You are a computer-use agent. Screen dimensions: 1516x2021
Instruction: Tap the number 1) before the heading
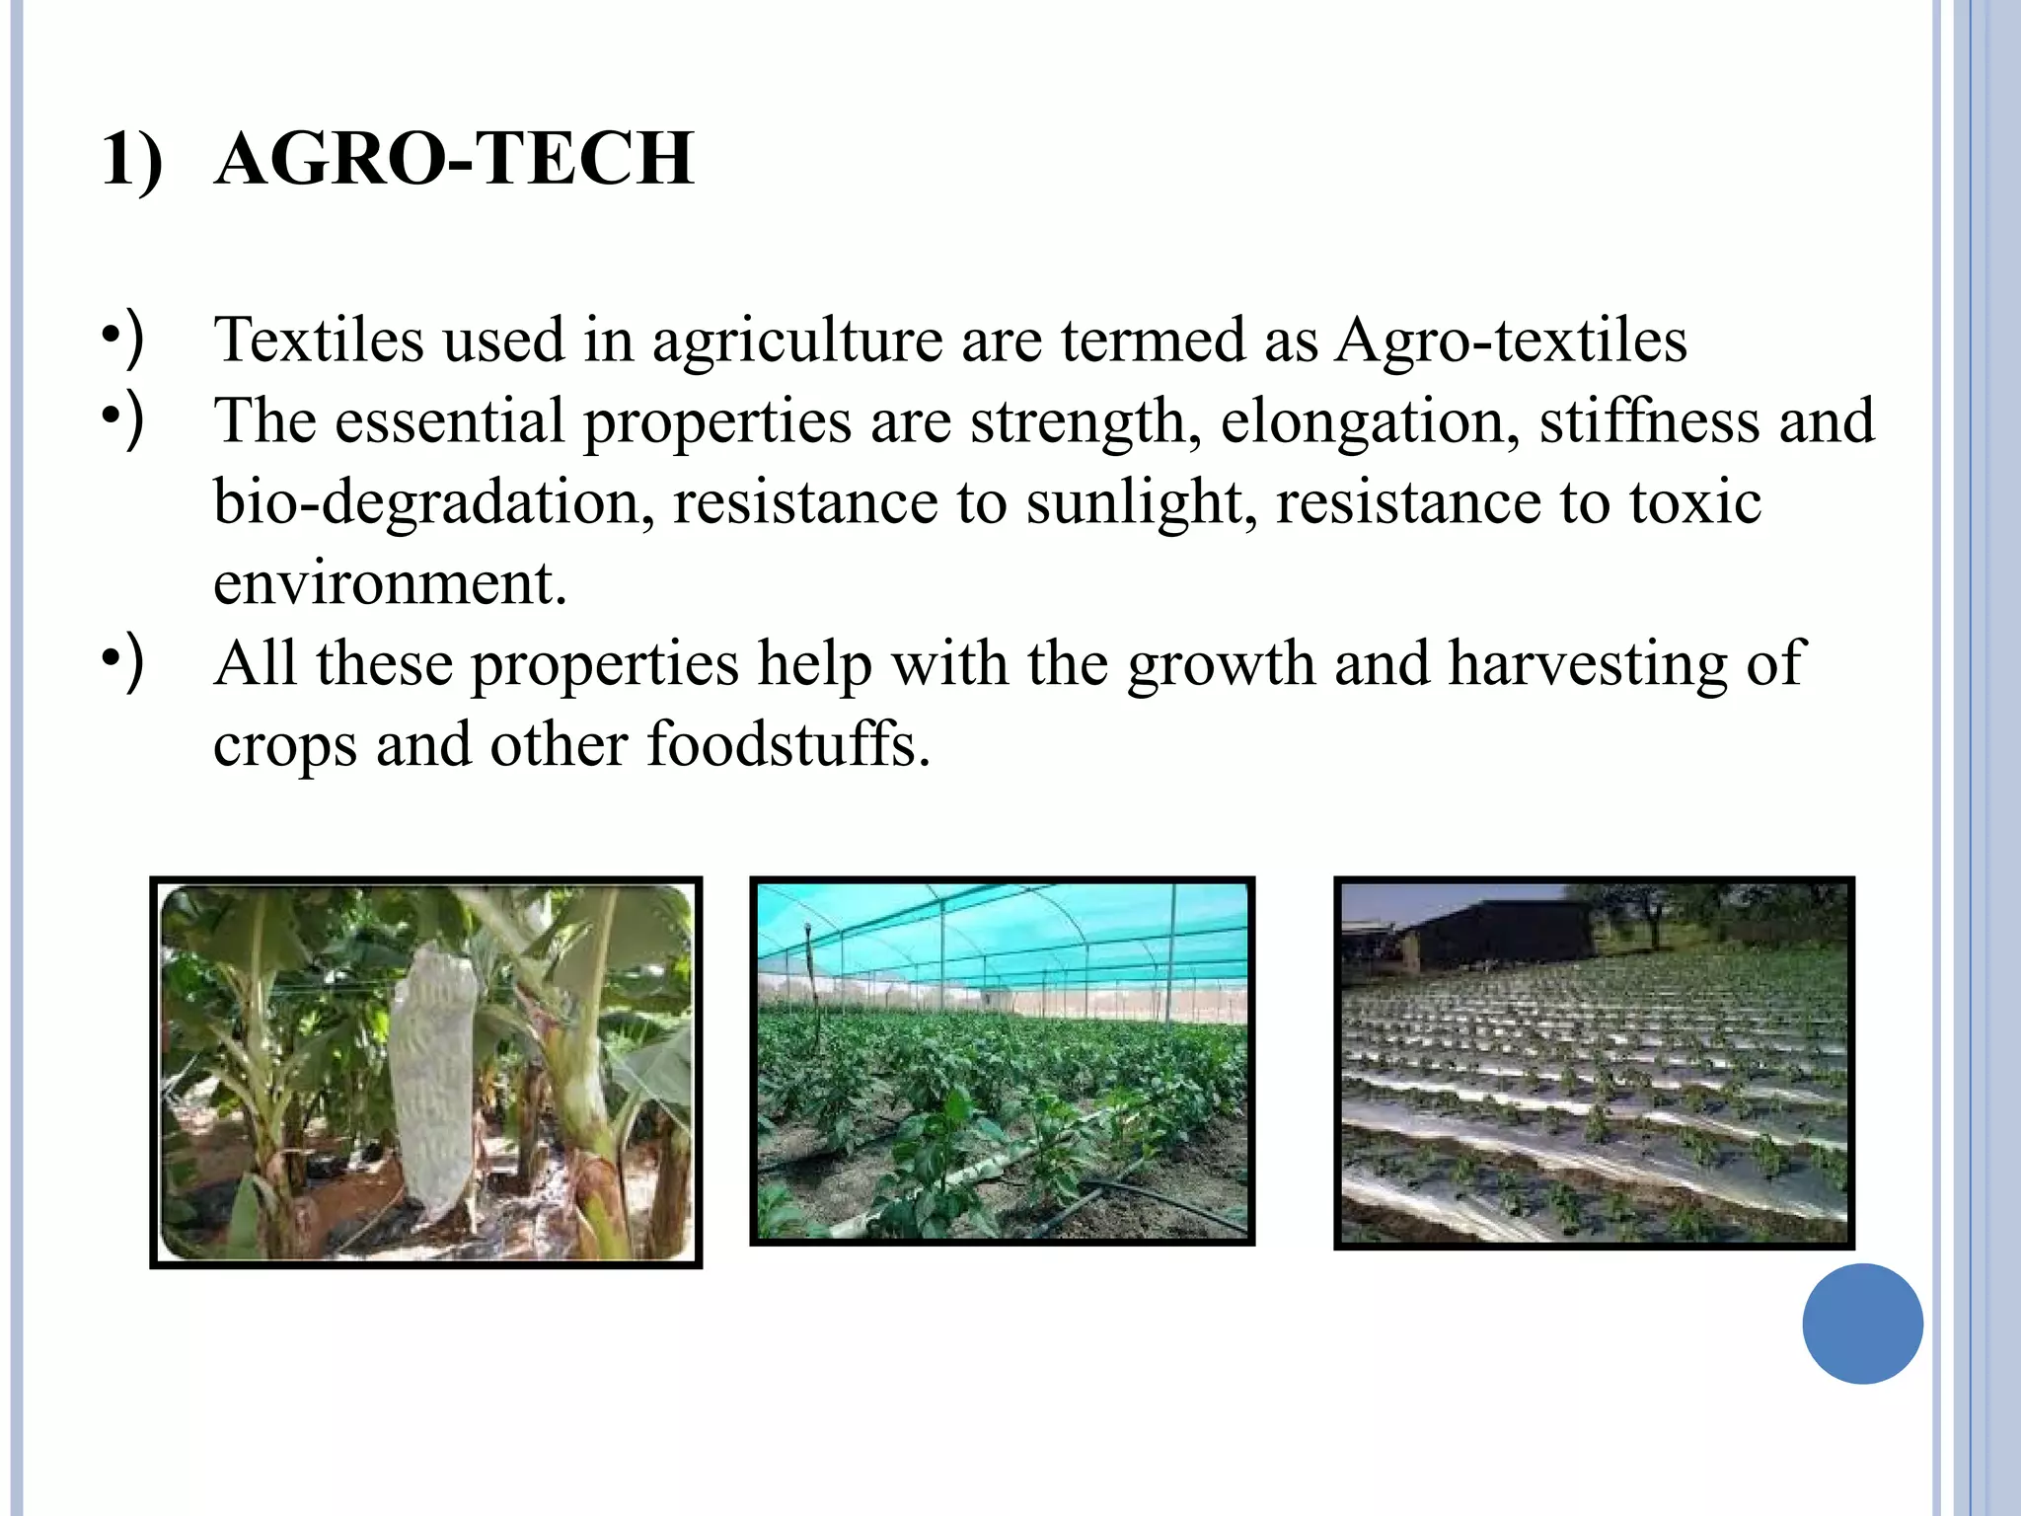[x=131, y=160]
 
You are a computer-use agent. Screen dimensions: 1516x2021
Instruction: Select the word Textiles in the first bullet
[x=319, y=340]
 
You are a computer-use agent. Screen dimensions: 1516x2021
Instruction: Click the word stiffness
[x=1649, y=421]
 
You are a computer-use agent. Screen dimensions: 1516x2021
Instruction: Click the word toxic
[x=1694, y=501]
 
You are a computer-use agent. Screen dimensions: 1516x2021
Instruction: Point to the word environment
[x=390, y=583]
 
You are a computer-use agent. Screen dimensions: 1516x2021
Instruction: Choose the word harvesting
[x=1588, y=664]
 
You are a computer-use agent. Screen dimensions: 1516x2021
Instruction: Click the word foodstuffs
[x=788, y=744]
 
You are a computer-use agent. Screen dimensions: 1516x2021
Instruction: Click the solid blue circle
[x=1862, y=1324]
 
